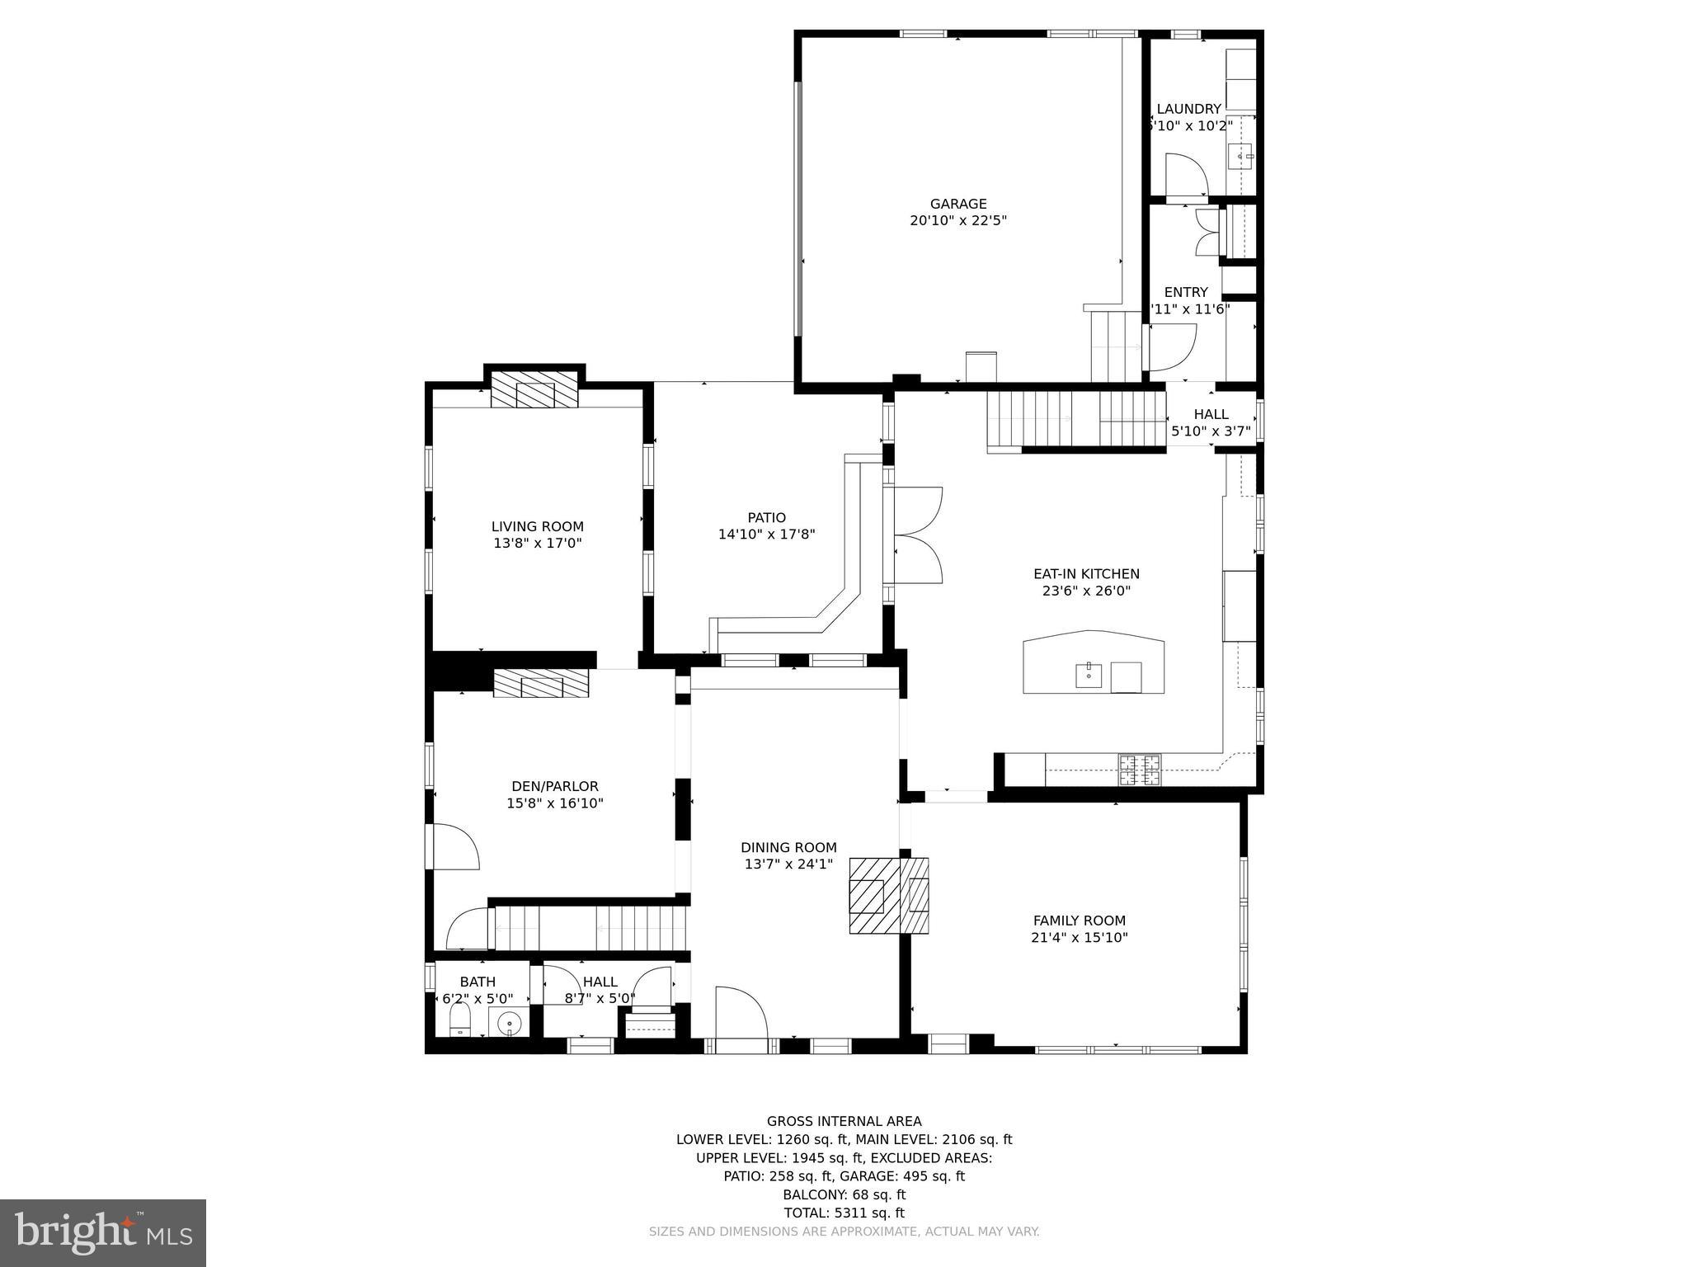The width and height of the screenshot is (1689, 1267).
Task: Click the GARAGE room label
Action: click(x=957, y=204)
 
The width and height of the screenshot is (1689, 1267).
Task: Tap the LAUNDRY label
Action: click(x=1188, y=109)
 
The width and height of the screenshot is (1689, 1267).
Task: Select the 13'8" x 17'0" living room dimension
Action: click(x=538, y=544)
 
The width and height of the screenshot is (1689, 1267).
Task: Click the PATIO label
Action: click(x=766, y=518)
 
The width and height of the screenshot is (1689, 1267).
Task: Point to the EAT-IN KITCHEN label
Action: click(x=1086, y=574)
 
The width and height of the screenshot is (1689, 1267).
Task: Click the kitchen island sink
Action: click(x=1089, y=676)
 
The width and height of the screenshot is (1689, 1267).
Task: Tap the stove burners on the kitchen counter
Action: click(x=1139, y=770)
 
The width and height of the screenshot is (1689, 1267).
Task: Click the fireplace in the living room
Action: click(x=534, y=390)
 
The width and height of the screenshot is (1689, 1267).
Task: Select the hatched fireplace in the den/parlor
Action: click(x=541, y=684)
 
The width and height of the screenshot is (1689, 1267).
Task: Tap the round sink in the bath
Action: click(x=510, y=1024)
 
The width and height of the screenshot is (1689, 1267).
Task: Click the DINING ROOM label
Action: click(x=788, y=847)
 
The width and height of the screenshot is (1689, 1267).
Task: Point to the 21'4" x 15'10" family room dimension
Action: click(x=1079, y=938)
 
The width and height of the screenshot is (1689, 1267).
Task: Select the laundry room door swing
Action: click(x=1185, y=175)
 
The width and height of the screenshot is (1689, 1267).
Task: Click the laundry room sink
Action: click(x=1240, y=155)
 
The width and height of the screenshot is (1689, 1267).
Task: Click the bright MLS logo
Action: click(x=103, y=1232)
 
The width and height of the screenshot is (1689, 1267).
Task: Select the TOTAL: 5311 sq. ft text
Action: click(x=844, y=1213)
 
